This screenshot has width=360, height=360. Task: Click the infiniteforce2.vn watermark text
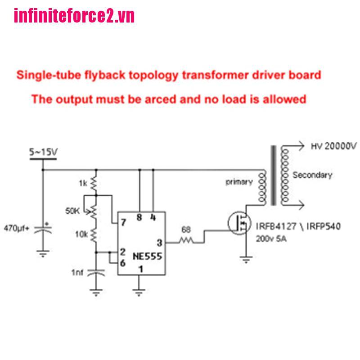(74, 16)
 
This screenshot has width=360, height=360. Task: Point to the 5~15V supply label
(43, 152)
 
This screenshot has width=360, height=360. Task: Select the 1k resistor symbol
(94, 184)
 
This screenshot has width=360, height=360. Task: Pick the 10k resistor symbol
(94, 235)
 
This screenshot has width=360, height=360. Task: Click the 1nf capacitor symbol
(96, 272)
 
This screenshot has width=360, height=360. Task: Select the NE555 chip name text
(148, 256)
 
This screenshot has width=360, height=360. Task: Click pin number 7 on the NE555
(123, 222)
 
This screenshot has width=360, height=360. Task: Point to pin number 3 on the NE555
(159, 243)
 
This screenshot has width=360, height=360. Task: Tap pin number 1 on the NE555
(141, 269)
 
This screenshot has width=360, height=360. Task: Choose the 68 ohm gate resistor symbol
(186, 240)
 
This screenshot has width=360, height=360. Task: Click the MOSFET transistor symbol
(239, 223)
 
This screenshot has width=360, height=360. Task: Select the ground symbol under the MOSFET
(246, 260)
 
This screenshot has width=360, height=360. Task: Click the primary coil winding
(262, 187)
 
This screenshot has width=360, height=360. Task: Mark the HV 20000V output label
(334, 146)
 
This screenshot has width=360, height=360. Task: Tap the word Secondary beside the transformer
(312, 175)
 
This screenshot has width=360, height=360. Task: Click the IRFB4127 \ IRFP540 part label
(298, 226)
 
